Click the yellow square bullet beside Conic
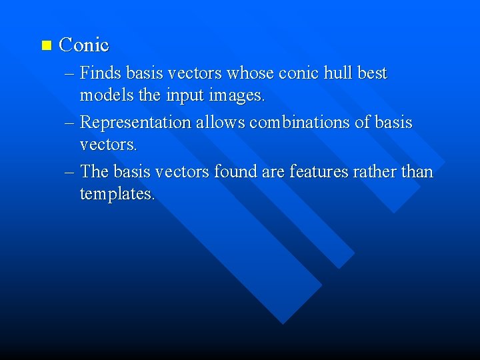45,46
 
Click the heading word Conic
84,45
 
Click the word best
372,73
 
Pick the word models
104,96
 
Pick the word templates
117,195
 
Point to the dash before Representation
70,123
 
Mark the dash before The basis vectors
70,173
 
